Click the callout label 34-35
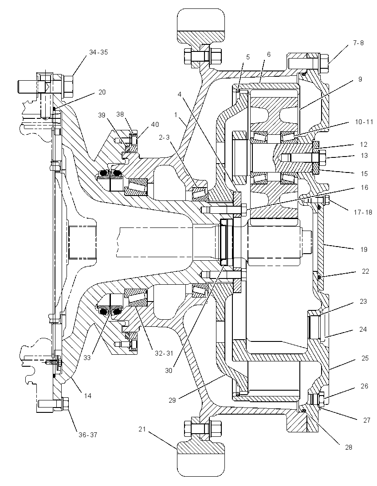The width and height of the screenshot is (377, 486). tap(98, 52)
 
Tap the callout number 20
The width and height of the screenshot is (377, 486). tap(102, 92)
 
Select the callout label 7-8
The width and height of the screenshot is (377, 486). tap(358, 43)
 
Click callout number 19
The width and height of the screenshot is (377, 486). tap(364, 249)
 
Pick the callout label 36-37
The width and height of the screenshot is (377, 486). tap(87, 435)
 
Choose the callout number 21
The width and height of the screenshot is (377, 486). tap(142, 429)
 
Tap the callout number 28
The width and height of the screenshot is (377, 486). tap(348, 447)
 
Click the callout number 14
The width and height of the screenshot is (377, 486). tap(88, 396)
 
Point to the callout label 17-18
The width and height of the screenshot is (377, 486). tap(363, 212)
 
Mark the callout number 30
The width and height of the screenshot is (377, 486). tap(169, 370)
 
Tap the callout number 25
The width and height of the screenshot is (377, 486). tap(365, 358)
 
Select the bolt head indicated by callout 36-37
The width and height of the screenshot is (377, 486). tap(65, 404)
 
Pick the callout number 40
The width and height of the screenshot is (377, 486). tap(155, 124)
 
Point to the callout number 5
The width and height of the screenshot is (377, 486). tap(248, 57)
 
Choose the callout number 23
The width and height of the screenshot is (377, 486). tap(363, 301)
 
